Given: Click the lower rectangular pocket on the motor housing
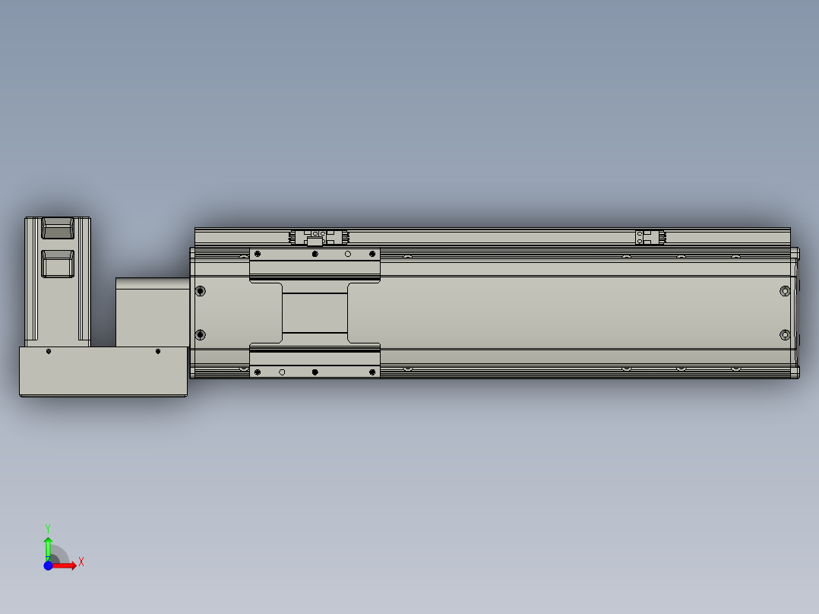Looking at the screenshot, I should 58,263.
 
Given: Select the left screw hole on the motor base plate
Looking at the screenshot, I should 49,351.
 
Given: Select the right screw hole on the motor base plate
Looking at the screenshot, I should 158,351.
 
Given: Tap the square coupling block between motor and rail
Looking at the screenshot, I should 152,312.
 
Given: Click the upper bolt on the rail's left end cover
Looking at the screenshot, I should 201,290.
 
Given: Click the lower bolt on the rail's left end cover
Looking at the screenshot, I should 201,334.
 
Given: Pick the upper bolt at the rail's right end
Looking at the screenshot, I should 786,290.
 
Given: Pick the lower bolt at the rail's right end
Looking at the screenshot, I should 786,334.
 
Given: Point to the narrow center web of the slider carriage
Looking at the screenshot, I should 315,312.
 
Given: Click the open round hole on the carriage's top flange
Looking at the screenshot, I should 348,254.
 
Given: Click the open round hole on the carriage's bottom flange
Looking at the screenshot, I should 282,372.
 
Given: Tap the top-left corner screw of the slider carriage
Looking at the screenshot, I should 258,253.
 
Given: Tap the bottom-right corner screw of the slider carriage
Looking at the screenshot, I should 372,372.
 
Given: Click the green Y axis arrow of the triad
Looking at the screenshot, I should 48,544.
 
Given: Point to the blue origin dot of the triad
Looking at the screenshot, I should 49,565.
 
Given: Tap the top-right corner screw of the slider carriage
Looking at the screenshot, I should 372,253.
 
